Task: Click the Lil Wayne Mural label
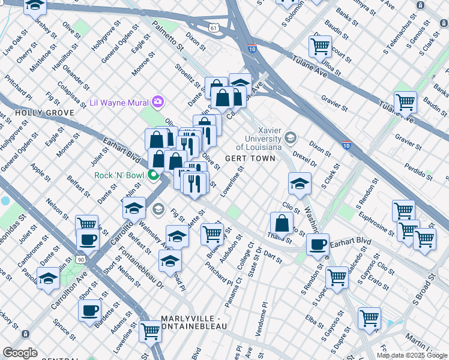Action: pos(119,101)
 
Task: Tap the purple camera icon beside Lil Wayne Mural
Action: pos(158,101)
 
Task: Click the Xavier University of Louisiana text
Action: pos(259,139)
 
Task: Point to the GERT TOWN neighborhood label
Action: pos(250,158)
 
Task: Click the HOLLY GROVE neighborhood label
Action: pos(36,113)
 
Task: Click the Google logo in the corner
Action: pos(20,353)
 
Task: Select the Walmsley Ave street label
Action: pos(151,235)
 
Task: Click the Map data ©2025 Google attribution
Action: pos(412,355)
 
